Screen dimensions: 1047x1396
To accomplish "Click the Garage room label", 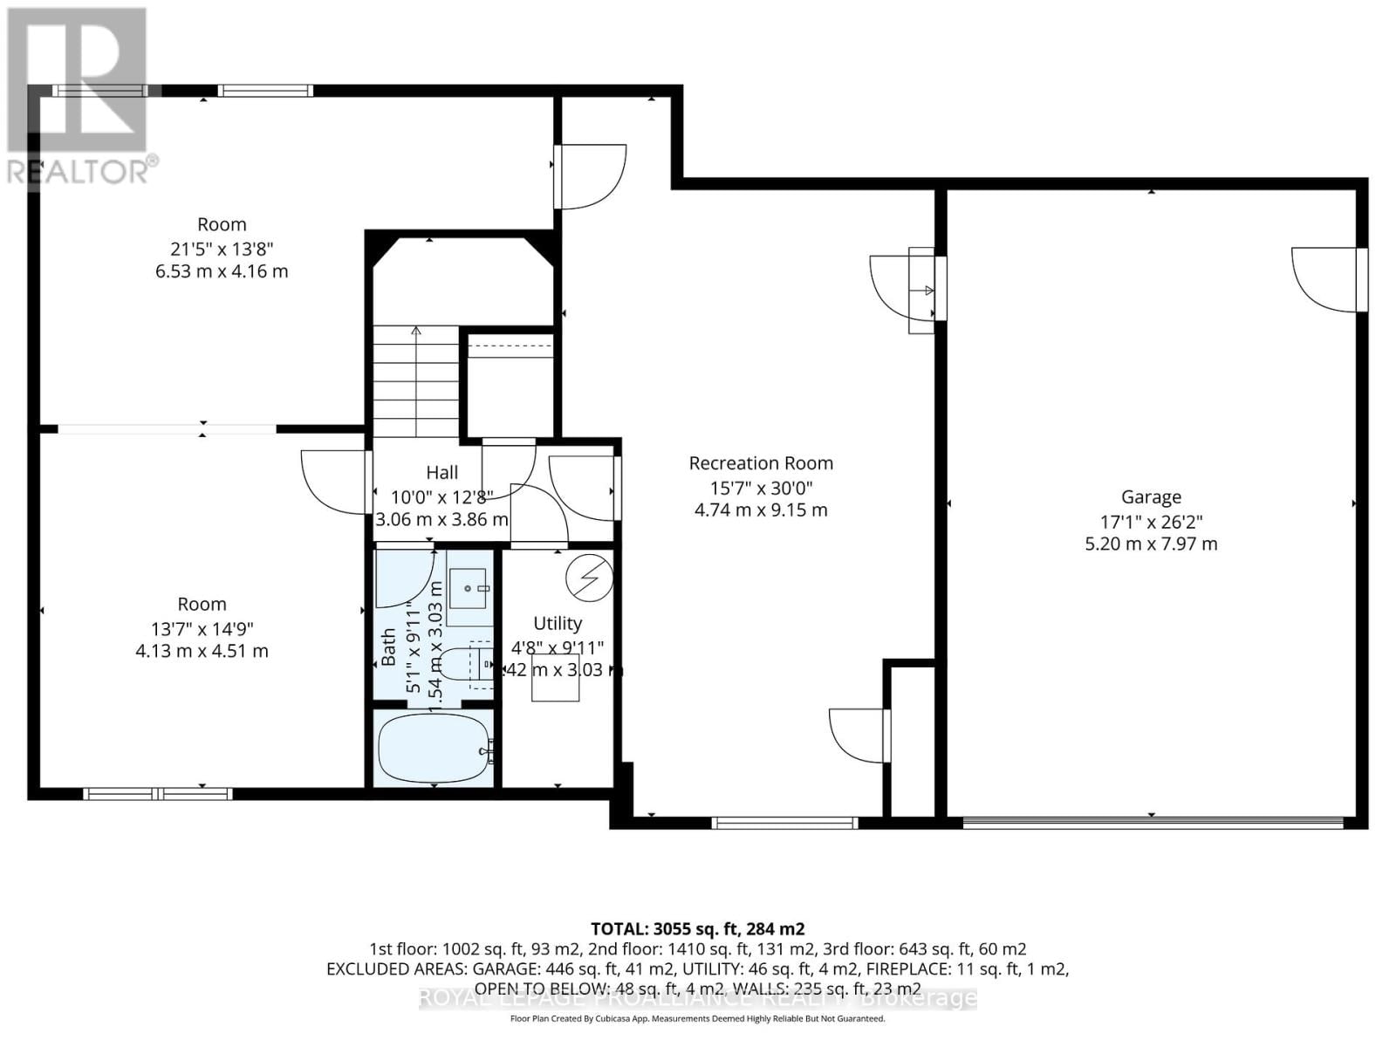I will (x=1151, y=497).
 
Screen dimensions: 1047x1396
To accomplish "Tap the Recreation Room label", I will (x=761, y=463).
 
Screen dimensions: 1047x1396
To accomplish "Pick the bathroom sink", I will (x=469, y=590).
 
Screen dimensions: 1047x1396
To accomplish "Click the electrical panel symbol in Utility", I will (x=589, y=576).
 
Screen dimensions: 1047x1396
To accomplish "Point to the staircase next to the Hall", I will (x=416, y=380).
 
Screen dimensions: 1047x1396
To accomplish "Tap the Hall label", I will (x=442, y=473).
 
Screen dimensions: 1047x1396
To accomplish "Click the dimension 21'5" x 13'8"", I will (x=222, y=248).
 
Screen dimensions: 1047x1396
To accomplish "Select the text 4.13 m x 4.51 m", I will (x=202, y=651).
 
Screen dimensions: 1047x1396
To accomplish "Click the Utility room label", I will (x=558, y=623).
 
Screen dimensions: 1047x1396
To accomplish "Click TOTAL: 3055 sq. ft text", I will (x=697, y=928).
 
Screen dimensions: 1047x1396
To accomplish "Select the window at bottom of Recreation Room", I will (x=784, y=822).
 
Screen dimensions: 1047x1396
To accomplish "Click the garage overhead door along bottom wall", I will (x=1152, y=822).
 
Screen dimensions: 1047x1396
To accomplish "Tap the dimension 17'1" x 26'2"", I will (x=1151, y=522).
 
